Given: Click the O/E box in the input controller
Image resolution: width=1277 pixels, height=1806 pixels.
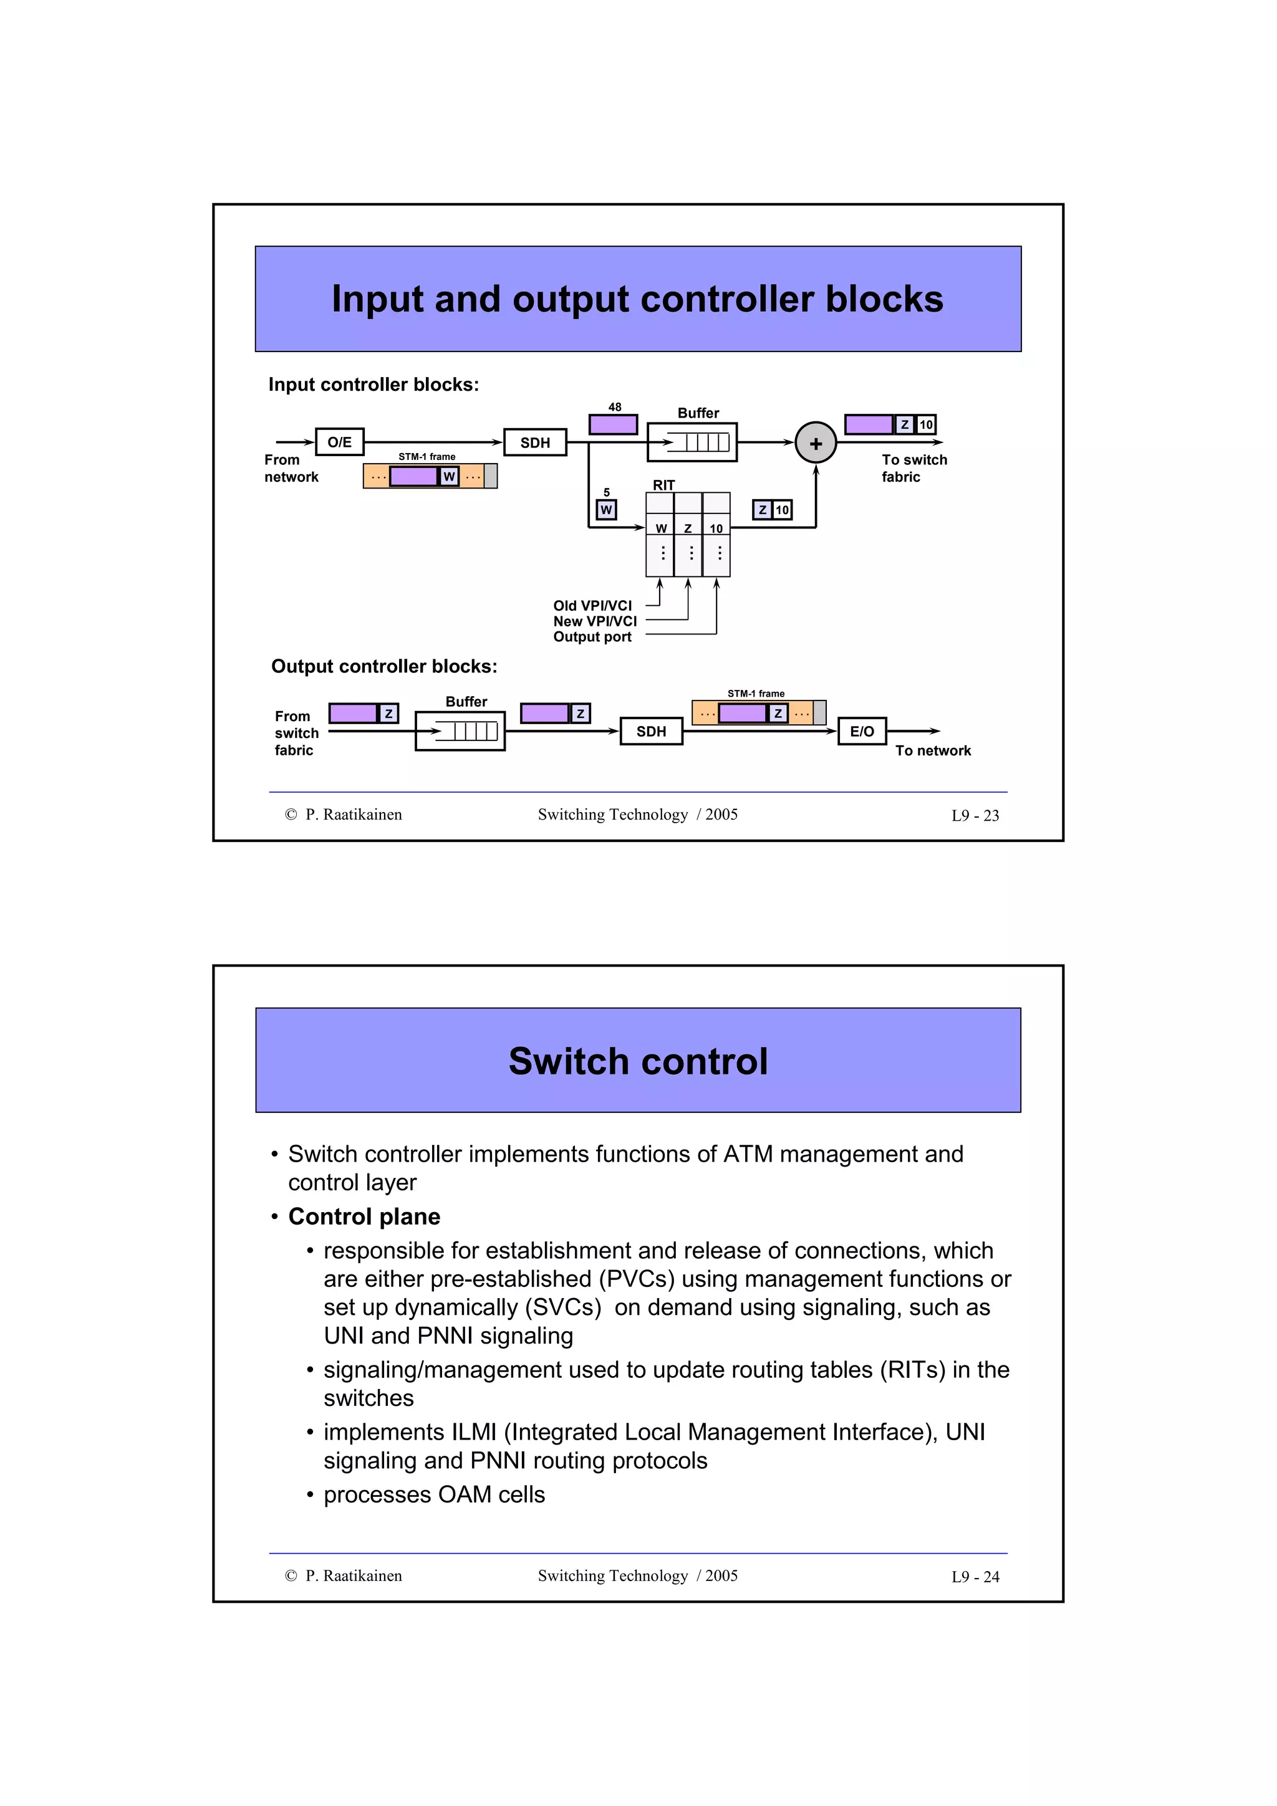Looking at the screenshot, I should [339, 442].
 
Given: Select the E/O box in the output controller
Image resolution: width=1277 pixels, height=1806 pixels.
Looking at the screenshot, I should [862, 731].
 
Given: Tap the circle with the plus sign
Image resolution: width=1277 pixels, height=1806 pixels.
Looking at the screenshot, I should [815, 443].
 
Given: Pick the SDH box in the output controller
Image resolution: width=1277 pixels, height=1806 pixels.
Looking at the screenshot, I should [651, 731].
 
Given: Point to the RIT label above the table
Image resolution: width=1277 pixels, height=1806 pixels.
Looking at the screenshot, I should [663, 485].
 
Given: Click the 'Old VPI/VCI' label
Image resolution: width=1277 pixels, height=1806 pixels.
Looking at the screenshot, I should [592, 606].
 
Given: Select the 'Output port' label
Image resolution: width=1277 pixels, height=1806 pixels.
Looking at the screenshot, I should [592, 637].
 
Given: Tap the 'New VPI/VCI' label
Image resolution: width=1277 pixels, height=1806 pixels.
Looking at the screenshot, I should [594, 621].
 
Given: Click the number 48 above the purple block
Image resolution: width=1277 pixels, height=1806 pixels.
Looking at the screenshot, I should [615, 407].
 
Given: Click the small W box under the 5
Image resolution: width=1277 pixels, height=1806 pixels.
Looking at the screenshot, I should [606, 510].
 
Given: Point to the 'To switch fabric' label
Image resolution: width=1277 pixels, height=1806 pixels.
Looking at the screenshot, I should [913, 468].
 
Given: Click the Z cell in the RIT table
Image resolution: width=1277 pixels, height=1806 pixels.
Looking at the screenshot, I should [688, 528].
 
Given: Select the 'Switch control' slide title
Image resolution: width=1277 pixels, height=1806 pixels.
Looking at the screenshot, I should [637, 1061].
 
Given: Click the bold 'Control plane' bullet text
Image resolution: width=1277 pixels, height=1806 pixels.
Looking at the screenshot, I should [364, 1216].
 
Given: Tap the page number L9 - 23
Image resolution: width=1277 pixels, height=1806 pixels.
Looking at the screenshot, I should [974, 816].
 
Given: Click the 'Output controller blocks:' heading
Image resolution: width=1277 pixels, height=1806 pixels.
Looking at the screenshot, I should [384, 666].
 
